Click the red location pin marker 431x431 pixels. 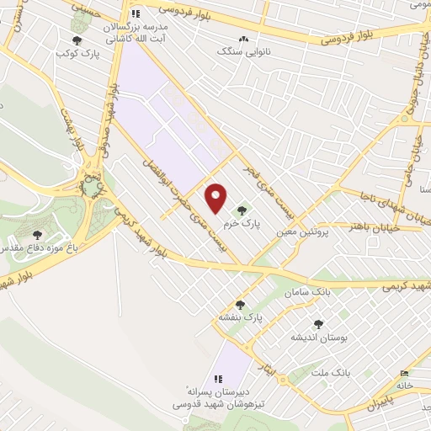(216, 198)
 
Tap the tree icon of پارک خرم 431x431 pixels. (244, 210)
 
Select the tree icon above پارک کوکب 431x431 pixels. (77, 40)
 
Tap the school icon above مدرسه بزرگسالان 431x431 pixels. (136, 13)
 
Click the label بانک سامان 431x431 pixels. (304, 291)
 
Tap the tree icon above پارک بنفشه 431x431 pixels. (241, 305)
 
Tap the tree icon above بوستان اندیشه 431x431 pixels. (319, 324)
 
